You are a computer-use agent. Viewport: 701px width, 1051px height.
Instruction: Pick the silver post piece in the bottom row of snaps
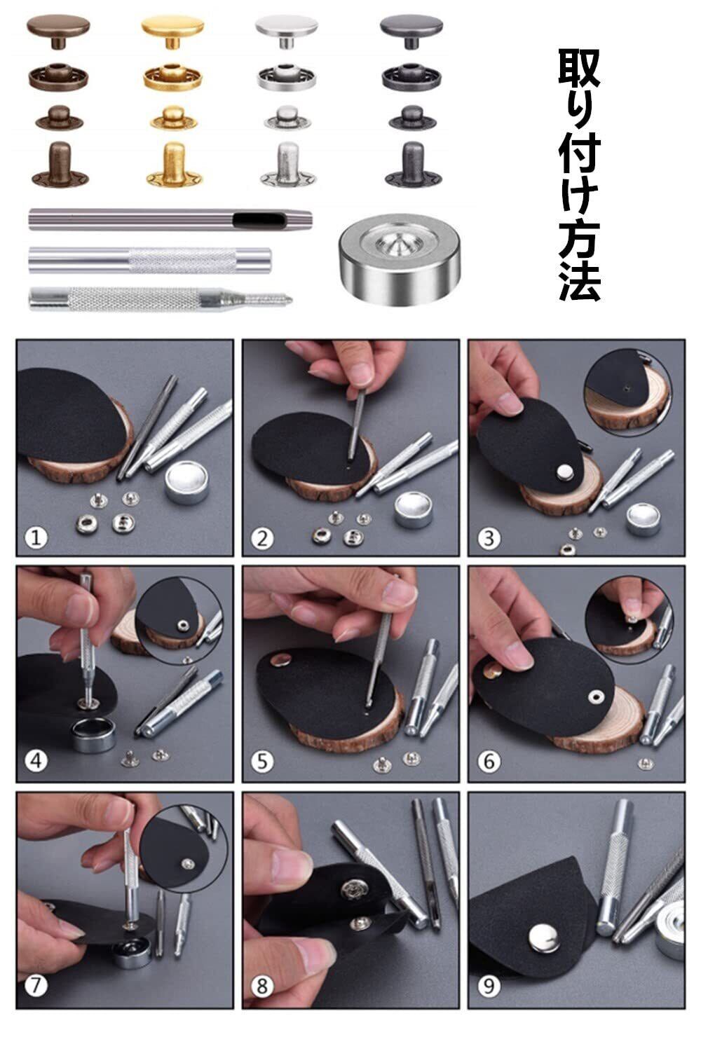point(288,164)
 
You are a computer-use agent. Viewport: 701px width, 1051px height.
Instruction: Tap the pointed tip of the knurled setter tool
point(290,299)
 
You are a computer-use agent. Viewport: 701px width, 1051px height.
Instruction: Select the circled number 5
point(262,762)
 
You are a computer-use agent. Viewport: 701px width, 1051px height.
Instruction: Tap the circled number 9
point(489,987)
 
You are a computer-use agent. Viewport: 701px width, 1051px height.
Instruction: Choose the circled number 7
point(36,987)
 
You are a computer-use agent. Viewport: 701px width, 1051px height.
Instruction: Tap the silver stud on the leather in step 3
point(563,474)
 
